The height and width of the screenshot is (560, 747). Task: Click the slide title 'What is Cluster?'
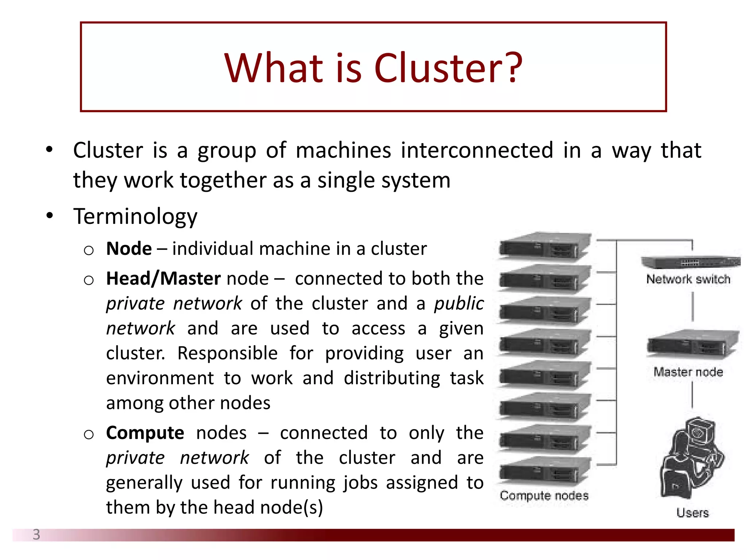point(373,68)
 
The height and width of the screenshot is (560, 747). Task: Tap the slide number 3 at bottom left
point(36,534)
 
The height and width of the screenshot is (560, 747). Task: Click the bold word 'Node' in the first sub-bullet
point(129,249)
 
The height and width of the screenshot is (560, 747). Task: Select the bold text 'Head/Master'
point(163,279)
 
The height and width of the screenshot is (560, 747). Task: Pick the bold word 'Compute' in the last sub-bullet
point(145,433)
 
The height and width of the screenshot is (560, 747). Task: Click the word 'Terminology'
point(135,217)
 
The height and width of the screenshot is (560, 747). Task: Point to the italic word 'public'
point(459,304)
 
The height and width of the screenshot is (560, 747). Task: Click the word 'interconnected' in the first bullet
point(477,150)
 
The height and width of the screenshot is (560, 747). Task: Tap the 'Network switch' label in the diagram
point(688,279)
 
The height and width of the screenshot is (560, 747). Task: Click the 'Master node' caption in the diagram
point(688,372)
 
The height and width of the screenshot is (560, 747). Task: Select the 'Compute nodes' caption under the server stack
point(544,495)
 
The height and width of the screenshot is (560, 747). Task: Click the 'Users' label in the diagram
point(692,513)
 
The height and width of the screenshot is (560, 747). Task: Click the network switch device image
point(690,261)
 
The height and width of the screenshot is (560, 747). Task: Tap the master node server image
point(692,345)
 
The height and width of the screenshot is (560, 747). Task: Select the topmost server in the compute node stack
point(544,247)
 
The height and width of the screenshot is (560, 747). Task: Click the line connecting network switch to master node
point(693,307)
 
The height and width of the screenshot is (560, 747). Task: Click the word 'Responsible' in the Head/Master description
point(227,353)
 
